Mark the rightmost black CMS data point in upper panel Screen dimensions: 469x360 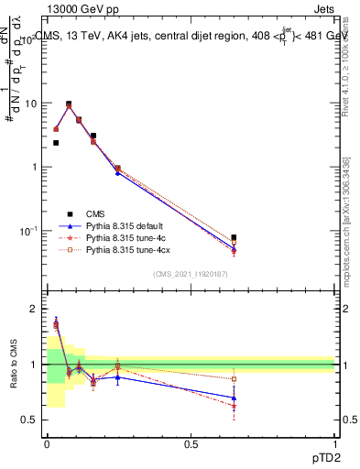tap(235, 238)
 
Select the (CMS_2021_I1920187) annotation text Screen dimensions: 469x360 tap(191, 274)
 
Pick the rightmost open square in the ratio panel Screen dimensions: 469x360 tap(235, 378)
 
